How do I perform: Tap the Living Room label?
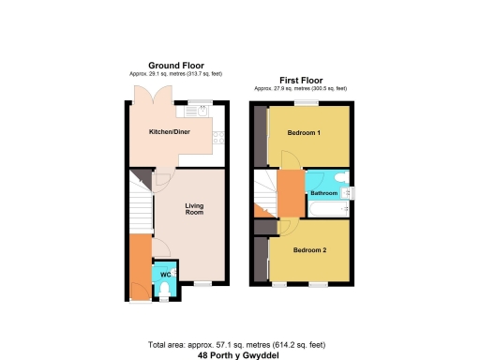coord(194,209)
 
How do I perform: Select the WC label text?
coord(164,274)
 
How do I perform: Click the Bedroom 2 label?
coord(308,250)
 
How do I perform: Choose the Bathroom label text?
coord(324,193)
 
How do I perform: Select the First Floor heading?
coord(297,82)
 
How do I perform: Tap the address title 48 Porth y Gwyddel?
coord(239,355)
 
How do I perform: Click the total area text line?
coord(239,344)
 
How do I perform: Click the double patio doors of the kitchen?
coord(147,97)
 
